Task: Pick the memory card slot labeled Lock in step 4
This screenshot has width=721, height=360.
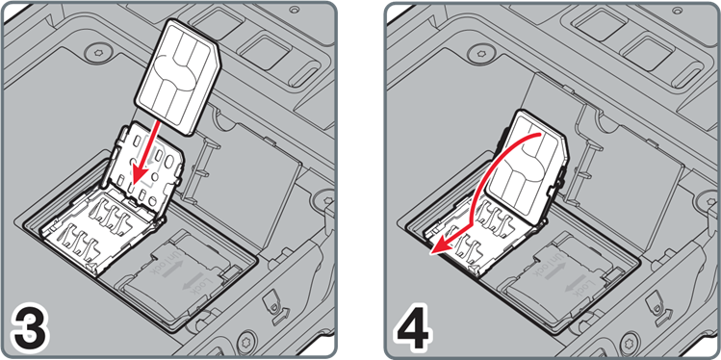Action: click(x=568, y=273)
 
